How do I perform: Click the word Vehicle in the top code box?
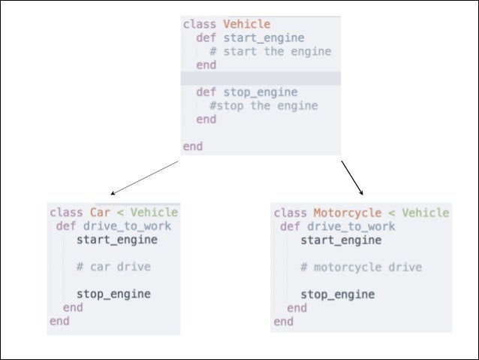(247, 24)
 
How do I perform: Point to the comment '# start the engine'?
(270, 52)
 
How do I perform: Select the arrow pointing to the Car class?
(145, 177)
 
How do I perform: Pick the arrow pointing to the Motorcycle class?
(352, 177)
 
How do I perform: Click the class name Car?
(100, 213)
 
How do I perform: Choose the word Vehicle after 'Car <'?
(154, 213)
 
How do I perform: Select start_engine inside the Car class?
(116, 240)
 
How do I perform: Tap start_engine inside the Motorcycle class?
(341, 240)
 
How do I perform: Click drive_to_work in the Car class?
(127, 226)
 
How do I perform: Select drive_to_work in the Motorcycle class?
(351, 226)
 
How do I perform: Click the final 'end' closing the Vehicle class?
(193, 147)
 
